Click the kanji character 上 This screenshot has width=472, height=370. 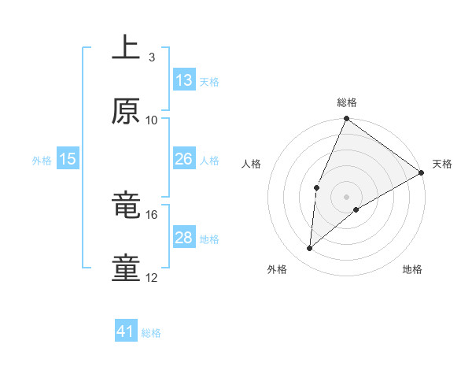(x=127, y=46)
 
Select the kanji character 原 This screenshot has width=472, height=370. (x=127, y=111)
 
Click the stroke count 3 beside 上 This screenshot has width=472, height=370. (x=151, y=57)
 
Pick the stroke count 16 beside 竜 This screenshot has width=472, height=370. (x=152, y=214)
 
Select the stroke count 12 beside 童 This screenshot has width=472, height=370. (x=152, y=278)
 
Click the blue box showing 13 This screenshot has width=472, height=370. (x=184, y=80)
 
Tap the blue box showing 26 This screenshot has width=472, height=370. (x=184, y=159)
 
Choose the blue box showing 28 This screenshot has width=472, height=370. (x=184, y=238)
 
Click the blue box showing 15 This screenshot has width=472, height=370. (x=68, y=159)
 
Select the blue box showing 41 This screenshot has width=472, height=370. (x=126, y=331)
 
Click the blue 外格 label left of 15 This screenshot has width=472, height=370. (x=42, y=160)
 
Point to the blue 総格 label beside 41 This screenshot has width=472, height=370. (x=151, y=333)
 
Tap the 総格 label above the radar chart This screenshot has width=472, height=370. (x=346, y=102)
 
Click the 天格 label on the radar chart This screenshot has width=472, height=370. (x=442, y=164)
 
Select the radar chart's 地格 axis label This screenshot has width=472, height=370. (x=412, y=269)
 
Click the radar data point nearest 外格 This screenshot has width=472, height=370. (x=310, y=249)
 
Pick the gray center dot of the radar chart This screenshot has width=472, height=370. (x=346, y=196)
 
